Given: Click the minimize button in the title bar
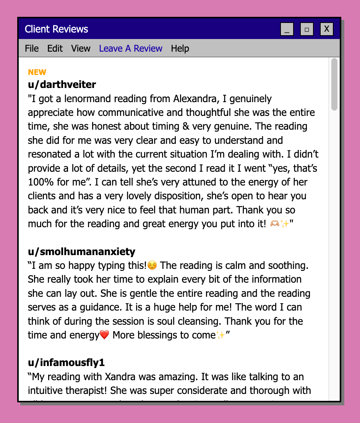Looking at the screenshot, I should point(287,29).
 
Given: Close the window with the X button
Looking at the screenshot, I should point(327,29).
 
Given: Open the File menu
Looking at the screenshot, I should point(32,49).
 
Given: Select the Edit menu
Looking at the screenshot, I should point(55,49).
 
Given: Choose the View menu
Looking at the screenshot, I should point(81,49).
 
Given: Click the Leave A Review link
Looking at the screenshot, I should point(131,49).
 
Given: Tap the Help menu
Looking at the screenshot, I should point(180,49).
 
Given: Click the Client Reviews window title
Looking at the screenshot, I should point(57,29).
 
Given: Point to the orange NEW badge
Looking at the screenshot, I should point(37,72).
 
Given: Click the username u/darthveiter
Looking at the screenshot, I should point(62,84).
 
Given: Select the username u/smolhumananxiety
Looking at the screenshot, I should point(82,252).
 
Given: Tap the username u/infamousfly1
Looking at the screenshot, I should point(66,363).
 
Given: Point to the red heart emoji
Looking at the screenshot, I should point(104,335).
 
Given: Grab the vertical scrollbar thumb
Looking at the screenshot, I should point(334,84).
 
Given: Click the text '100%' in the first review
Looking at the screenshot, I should point(38,182).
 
